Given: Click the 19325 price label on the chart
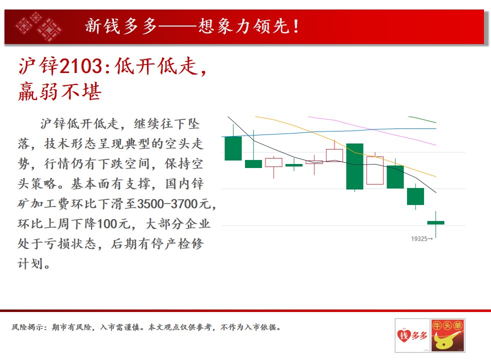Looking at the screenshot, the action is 421,239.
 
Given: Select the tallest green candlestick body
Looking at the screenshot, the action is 354,166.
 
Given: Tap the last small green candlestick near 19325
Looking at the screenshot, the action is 435,223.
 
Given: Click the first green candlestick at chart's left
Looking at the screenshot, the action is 233,148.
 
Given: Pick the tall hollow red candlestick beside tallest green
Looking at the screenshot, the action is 375,170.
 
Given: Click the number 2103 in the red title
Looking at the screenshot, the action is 81,66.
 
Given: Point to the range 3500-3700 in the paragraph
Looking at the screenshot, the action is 172,204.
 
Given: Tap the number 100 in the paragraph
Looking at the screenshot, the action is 108,224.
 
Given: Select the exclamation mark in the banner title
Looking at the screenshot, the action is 296,26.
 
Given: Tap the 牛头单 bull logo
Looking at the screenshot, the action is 448,335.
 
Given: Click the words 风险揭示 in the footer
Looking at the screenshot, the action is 27,327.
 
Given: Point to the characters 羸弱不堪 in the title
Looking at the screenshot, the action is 60,91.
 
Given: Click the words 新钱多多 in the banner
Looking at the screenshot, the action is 121,26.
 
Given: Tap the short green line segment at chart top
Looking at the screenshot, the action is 422,119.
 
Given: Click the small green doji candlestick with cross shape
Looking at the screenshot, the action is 293,164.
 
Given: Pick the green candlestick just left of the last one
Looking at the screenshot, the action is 415,196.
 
